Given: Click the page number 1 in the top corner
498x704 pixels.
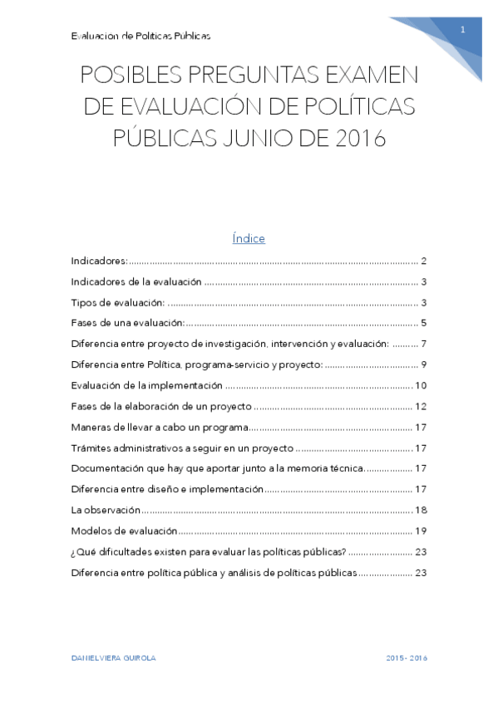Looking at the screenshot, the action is tap(462, 30).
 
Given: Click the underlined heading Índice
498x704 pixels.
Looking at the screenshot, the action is tap(249, 239).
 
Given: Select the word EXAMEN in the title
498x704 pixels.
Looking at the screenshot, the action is tap(368, 76).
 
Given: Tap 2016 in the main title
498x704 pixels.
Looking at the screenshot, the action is tap(359, 138).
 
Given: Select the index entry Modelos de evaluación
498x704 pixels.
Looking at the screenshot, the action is tap(124, 530).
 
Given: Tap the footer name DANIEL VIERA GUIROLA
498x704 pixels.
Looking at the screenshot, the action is tap(114, 658).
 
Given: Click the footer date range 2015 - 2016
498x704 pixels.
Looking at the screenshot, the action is tap(407, 658).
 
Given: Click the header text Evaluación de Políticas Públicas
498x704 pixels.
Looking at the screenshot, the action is tap(141, 36).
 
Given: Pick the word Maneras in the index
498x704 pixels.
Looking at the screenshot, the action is tap(92, 427).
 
